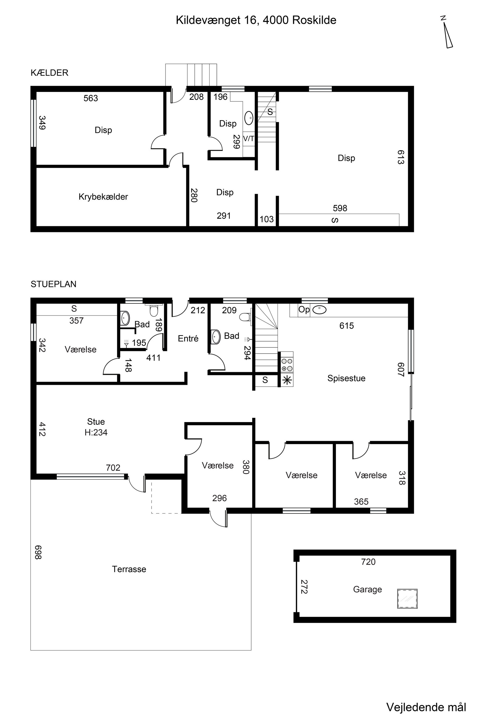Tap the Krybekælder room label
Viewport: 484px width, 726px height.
click(x=103, y=197)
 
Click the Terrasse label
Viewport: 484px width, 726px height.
click(x=129, y=569)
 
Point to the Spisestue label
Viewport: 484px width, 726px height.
click(x=346, y=378)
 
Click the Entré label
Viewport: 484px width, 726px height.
click(x=188, y=338)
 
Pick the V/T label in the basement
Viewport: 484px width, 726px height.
click(x=249, y=139)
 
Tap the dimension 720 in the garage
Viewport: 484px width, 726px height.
click(x=368, y=562)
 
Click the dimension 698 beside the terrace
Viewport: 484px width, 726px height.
click(x=38, y=552)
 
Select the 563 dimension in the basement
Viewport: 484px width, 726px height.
click(x=91, y=98)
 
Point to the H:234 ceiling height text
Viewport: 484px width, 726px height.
click(x=96, y=433)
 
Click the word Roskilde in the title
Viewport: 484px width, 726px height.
click(x=314, y=20)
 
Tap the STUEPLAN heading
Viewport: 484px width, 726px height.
click(x=53, y=284)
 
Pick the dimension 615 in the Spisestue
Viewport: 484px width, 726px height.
click(x=347, y=326)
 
